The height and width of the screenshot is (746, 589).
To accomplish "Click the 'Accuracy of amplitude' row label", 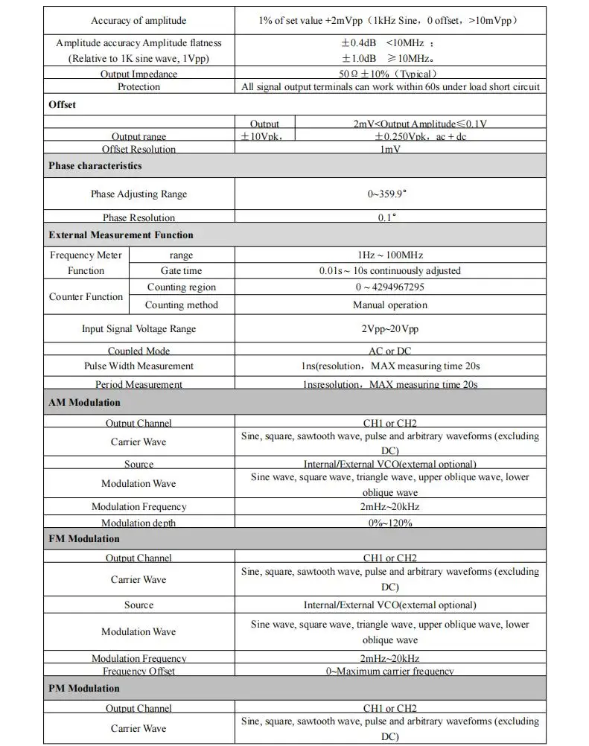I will click(x=139, y=20).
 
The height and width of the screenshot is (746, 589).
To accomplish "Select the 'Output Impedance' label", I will click(x=139, y=74).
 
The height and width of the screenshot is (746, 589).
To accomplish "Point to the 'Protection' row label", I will click(x=139, y=87).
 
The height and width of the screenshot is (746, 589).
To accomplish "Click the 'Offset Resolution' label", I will click(x=139, y=149).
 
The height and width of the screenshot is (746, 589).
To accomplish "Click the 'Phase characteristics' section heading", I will click(x=95, y=165).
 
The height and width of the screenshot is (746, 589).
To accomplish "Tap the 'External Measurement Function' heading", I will click(x=121, y=235).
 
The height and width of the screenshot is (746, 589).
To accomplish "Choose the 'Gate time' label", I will click(x=181, y=271).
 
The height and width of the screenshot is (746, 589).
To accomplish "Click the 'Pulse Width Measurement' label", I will click(x=139, y=366).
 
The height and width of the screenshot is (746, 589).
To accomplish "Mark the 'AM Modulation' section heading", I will click(x=84, y=402).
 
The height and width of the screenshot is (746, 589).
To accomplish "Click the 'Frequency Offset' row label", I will click(x=139, y=671).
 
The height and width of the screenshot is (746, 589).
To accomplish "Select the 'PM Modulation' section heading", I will click(x=83, y=688).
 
